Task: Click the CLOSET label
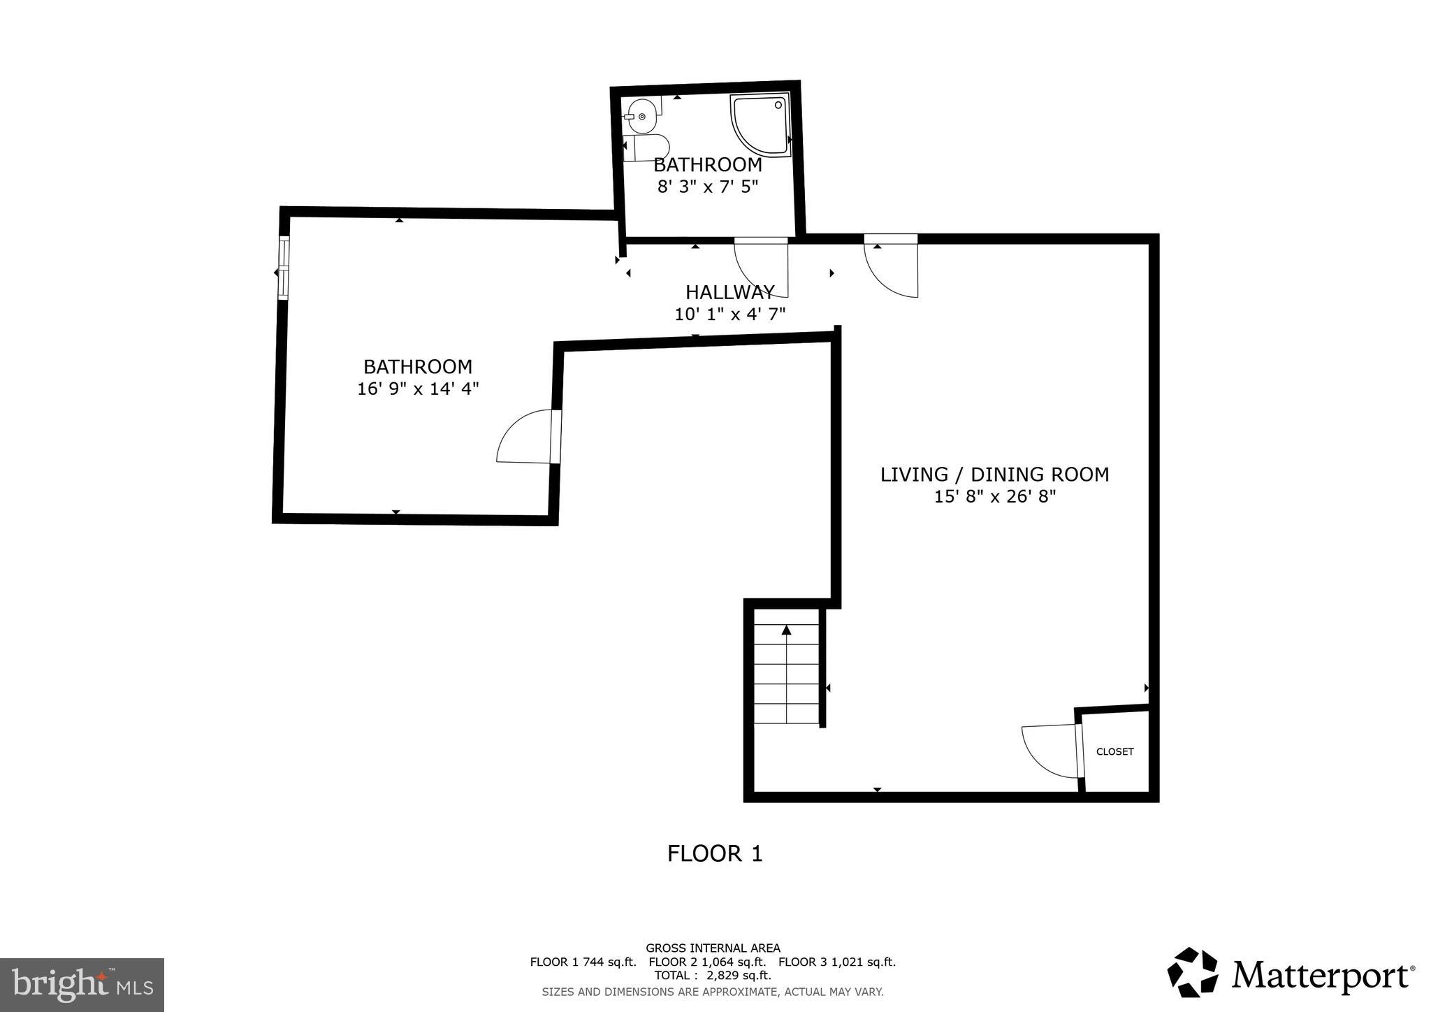pyautogui.click(x=1114, y=752)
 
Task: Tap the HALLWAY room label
pyautogui.click(x=729, y=292)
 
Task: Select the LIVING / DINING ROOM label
pyautogui.click(x=994, y=475)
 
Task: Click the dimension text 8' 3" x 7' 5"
pyautogui.click(x=707, y=187)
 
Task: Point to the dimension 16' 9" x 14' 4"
pyautogui.click(x=418, y=389)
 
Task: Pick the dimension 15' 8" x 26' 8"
pyautogui.click(x=994, y=497)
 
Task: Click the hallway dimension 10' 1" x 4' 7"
pyautogui.click(x=729, y=315)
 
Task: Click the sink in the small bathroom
pyautogui.click(x=641, y=116)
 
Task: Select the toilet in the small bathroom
pyautogui.click(x=648, y=148)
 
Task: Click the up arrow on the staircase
pyautogui.click(x=787, y=631)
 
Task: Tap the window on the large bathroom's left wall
pyautogui.click(x=283, y=268)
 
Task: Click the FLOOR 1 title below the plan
pyautogui.click(x=714, y=853)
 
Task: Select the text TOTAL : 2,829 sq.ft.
pyautogui.click(x=712, y=975)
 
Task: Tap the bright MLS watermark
pyautogui.click(x=82, y=985)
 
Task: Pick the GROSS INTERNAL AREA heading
pyautogui.click(x=712, y=948)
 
